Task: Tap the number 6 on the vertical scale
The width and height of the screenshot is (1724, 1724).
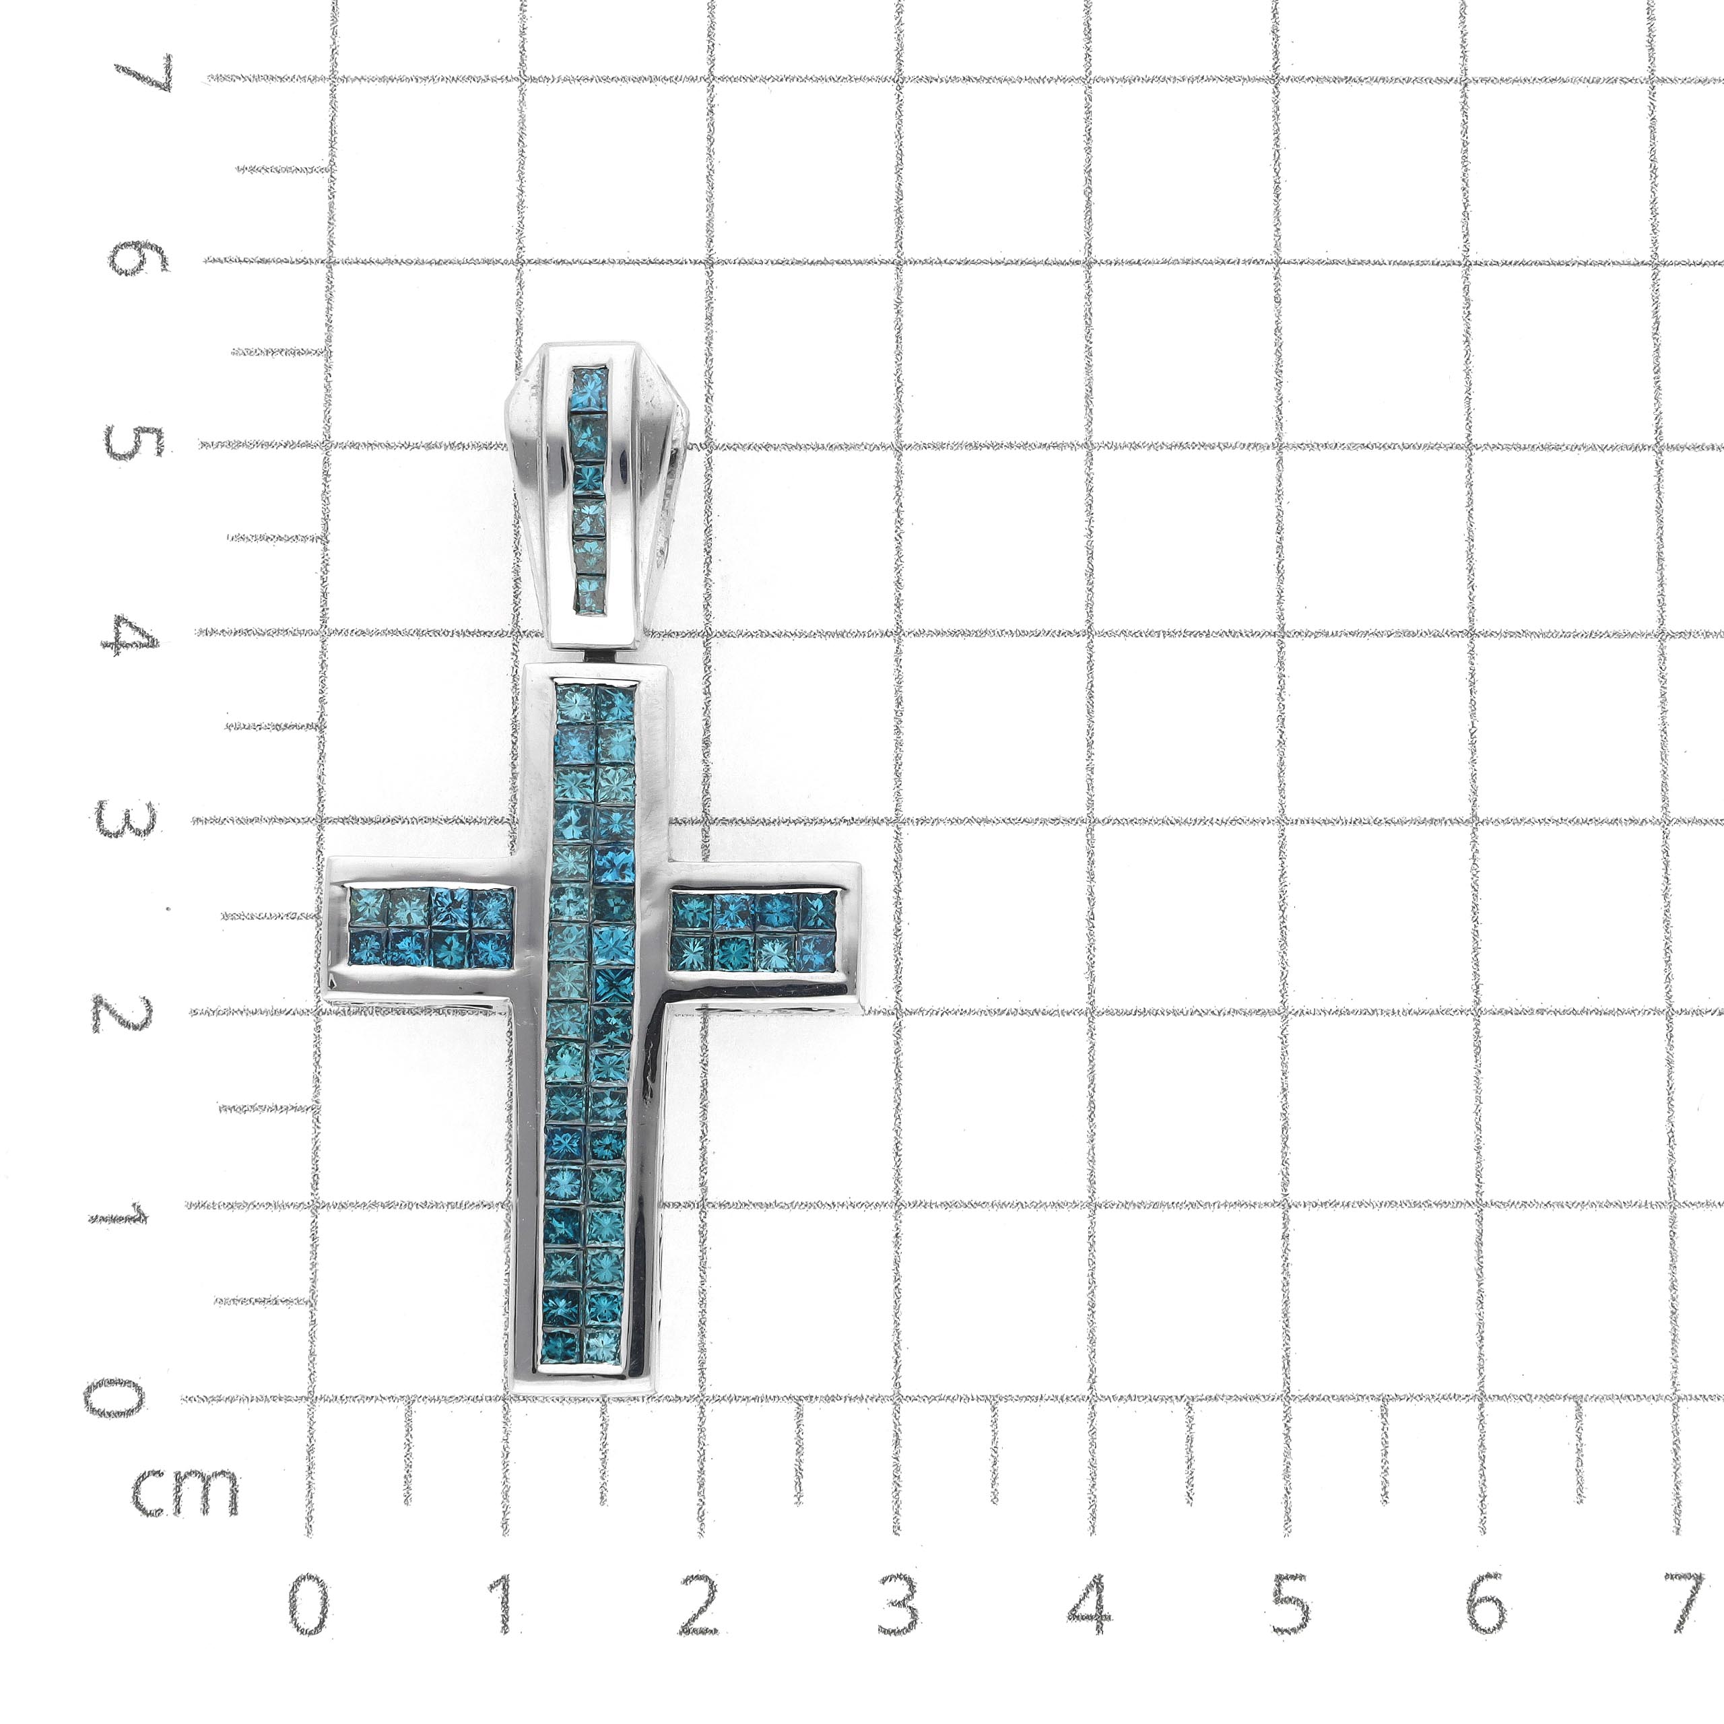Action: point(138,258)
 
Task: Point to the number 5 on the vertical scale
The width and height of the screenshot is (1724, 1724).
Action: point(135,444)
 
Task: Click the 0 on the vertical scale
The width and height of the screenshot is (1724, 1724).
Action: point(114,1397)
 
